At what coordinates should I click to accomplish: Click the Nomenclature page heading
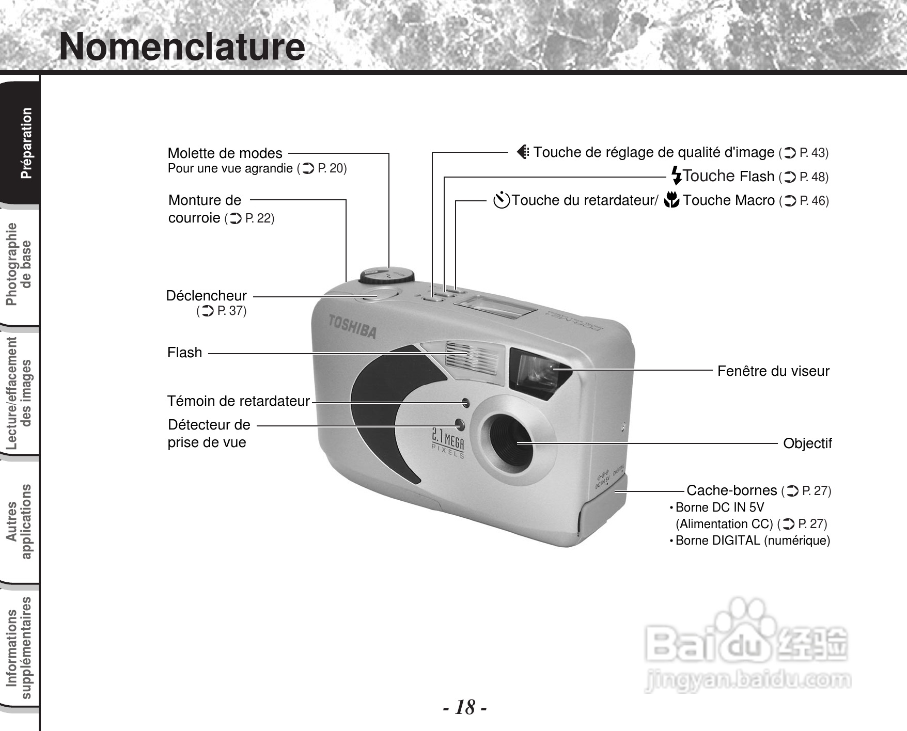[x=182, y=46]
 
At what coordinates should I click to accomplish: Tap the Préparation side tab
[x=26, y=143]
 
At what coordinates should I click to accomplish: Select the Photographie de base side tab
[x=19, y=264]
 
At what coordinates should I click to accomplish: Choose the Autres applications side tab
[x=19, y=521]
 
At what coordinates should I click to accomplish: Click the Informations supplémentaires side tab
[x=19, y=648]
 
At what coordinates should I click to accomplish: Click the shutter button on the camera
[x=376, y=296]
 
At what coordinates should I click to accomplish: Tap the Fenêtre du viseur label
[x=773, y=371]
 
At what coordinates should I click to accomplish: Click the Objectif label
[x=807, y=443]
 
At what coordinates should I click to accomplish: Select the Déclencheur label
[x=207, y=296]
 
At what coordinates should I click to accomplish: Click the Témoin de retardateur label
[x=238, y=401]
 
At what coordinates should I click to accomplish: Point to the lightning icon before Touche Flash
[x=676, y=176]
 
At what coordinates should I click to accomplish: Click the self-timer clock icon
[x=501, y=200]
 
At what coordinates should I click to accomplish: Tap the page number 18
[x=465, y=707]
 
